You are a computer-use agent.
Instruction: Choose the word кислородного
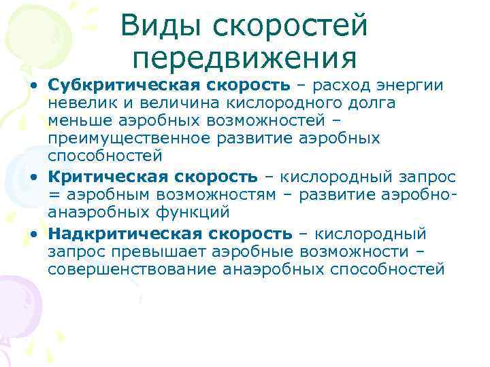(x=263, y=103)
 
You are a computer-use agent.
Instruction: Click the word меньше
(x=76, y=121)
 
